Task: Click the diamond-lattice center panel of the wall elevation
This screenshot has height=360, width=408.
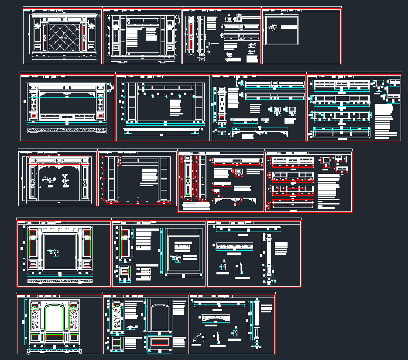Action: coord(63,38)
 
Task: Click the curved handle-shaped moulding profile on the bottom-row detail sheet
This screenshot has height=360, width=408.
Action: coord(197,336)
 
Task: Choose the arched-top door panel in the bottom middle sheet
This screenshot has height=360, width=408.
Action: coord(158,318)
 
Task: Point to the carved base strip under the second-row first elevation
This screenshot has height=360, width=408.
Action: coord(66,130)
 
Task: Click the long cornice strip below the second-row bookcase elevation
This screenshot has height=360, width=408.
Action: coord(164,130)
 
